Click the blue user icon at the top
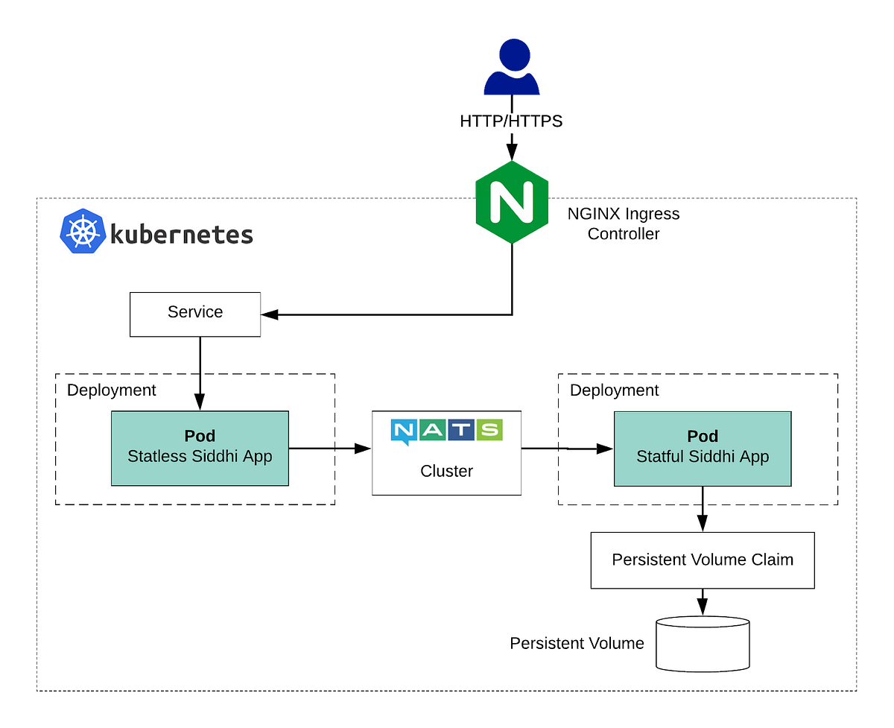pyautogui.click(x=511, y=69)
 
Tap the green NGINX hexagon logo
pyautogui.click(x=511, y=200)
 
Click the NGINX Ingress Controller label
pyautogui.click(x=623, y=224)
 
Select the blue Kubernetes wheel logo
pyautogui.click(x=81, y=232)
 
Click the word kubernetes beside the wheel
pyautogui.click(x=182, y=235)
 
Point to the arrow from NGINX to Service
pyautogui.click(x=387, y=314)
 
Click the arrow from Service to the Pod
pyautogui.click(x=200, y=373)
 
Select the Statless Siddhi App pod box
pyautogui.click(x=200, y=448)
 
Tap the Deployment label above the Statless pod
pyautogui.click(x=112, y=390)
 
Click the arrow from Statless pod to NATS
pyautogui.click(x=329, y=449)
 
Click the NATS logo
pyautogui.click(x=447, y=431)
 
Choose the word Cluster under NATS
pyautogui.click(x=447, y=471)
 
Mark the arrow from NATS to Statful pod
pyautogui.click(x=567, y=449)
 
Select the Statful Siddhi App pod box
pyautogui.click(x=702, y=448)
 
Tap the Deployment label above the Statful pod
pyautogui.click(x=615, y=390)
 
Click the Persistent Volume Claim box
pyautogui.click(x=702, y=560)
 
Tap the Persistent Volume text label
pyautogui.click(x=577, y=643)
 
